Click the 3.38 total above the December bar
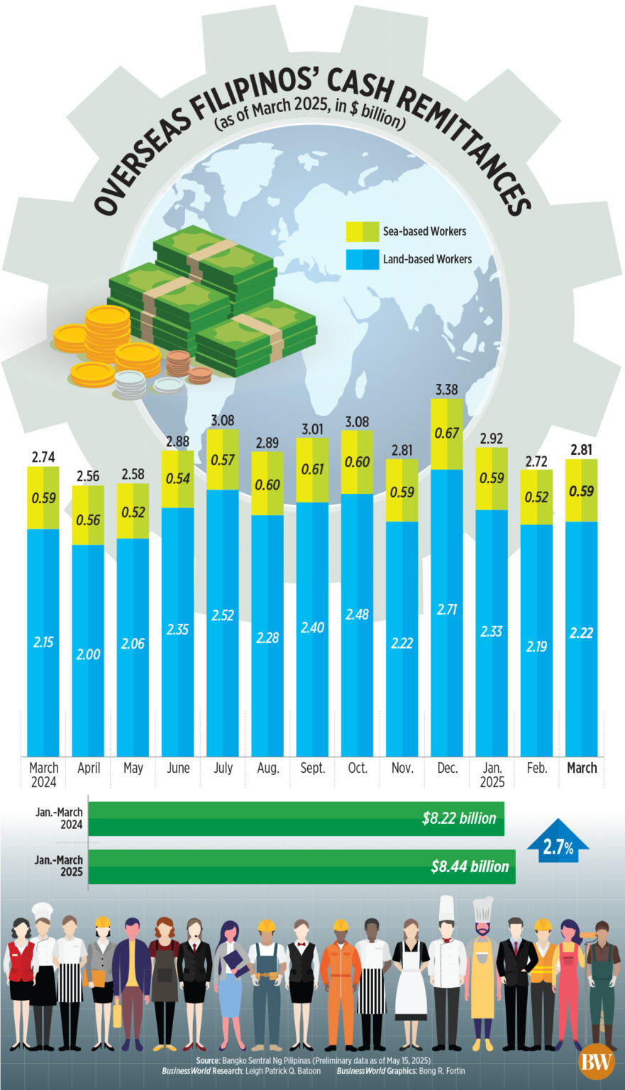click(x=446, y=390)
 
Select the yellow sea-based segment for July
click(x=223, y=460)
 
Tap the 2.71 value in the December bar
click(x=447, y=609)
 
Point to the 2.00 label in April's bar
click(x=88, y=654)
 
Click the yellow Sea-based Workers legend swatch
click(x=363, y=231)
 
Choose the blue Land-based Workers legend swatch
click(x=363, y=259)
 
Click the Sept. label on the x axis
click(x=312, y=768)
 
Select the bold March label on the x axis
click(x=582, y=768)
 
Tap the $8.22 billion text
click(x=459, y=818)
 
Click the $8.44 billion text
click(x=470, y=866)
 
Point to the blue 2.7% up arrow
click(x=558, y=842)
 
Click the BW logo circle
click(x=596, y=1062)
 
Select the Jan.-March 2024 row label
click(x=60, y=818)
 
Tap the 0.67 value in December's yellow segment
click(x=447, y=433)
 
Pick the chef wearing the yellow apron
click(x=482, y=972)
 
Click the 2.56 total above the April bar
click(x=88, y=476)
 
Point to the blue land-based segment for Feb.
click(x=536, y=639)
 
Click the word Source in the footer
click(x=208, y=1059)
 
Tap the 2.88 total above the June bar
click(x=177, y=441)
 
